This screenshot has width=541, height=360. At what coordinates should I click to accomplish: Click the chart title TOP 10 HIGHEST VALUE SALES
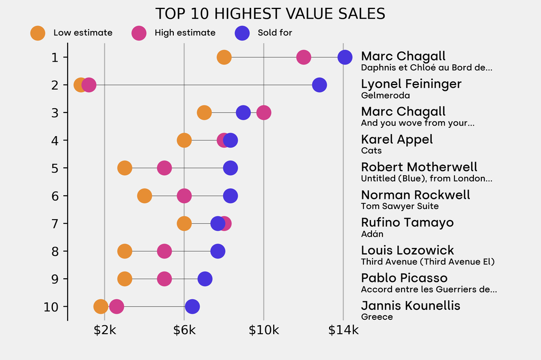[x=270, y=14]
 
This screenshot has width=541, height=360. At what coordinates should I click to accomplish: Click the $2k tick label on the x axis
[x=105, y=331]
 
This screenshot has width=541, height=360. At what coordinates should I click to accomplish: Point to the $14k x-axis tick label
[x=343, y=331]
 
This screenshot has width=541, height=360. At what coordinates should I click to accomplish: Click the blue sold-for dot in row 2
[x=319, y=84]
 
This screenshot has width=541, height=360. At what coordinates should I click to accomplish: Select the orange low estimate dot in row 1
[x=224, y=57]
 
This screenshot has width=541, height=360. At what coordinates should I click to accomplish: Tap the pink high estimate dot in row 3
[x=264, y=112]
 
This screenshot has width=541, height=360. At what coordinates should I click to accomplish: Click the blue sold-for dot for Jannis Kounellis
[x=192, y=306]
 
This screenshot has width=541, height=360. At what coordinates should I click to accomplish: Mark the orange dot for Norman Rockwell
[x=144, y=196]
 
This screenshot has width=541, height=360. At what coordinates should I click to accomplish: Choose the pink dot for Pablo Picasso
[x=164, y=279]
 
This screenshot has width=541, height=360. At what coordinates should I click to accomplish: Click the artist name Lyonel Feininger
[x=411, y=84]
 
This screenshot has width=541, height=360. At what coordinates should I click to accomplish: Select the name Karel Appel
[x=397, y=139]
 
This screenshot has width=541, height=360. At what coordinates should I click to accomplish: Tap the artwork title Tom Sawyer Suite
[x=399, y=206]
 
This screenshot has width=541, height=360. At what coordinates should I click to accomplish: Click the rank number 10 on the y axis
[x=51, y=307]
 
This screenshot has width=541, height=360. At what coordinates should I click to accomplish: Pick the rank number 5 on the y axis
[x=55, y=168]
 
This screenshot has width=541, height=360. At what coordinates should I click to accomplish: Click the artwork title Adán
[x=372, y=234]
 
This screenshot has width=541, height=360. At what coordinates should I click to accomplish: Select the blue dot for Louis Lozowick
[x=218, y=251]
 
